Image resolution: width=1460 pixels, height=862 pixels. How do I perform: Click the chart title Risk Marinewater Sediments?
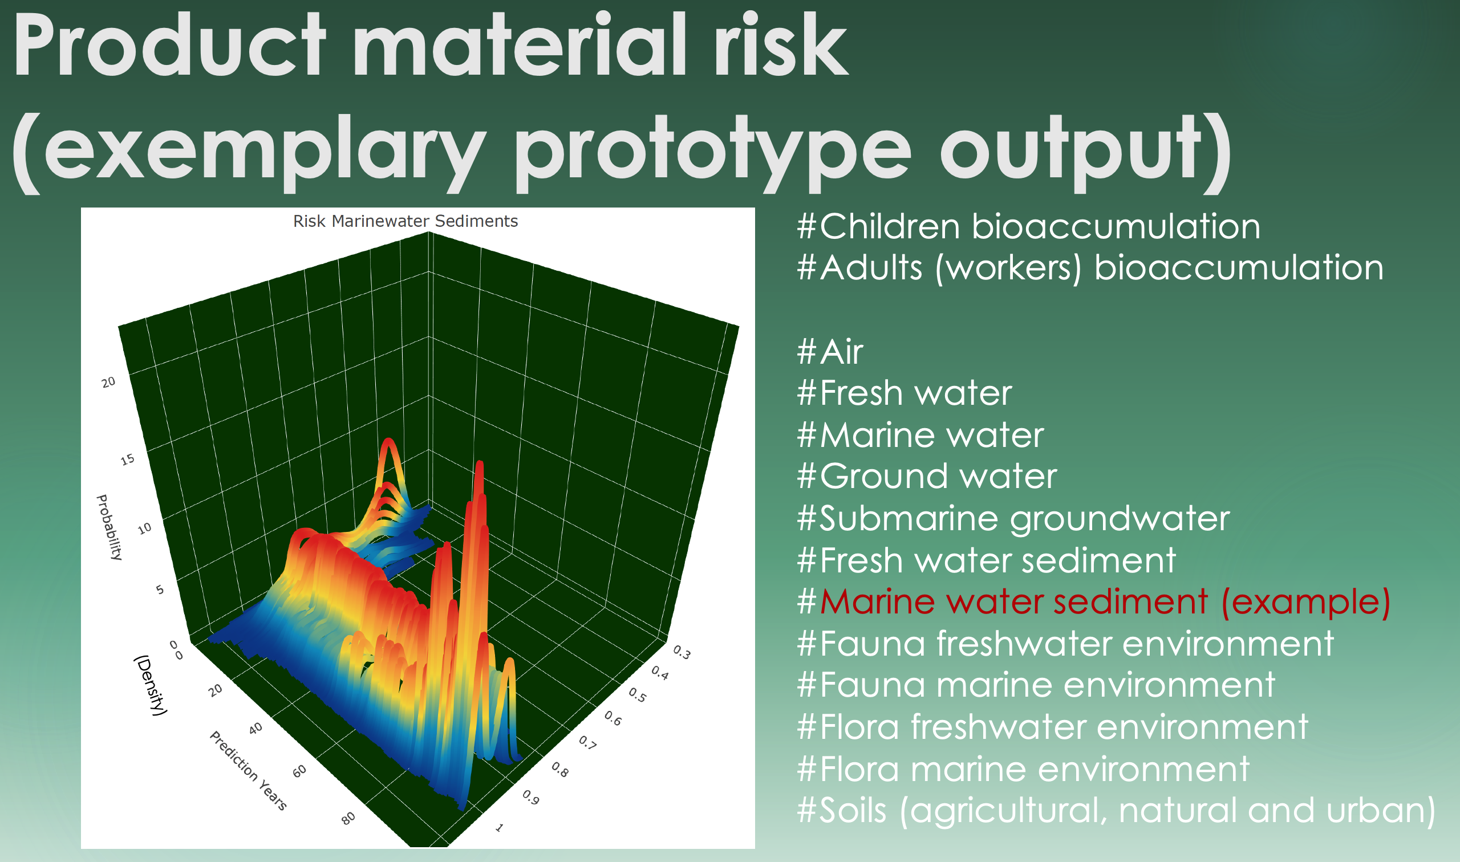tap(405, 221)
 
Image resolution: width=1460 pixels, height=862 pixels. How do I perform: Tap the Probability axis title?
tap(109, 527)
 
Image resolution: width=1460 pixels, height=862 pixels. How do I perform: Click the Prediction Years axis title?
tap(248, 770)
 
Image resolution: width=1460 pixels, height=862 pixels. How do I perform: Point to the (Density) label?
tap(151, 685)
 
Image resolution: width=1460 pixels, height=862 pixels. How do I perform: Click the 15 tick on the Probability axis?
tap(127, 460)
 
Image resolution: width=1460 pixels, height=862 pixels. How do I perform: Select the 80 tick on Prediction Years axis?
tap(348, 819)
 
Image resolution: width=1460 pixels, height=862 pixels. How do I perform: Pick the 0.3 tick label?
tap(682, 653)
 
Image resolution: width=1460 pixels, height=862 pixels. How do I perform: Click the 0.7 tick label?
tap(587, 742)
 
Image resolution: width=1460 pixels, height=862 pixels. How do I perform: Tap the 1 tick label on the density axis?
tap(499, 828)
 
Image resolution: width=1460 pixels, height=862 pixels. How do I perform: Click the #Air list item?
tap(830, 351)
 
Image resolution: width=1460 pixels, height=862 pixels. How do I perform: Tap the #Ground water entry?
tap(927, 475)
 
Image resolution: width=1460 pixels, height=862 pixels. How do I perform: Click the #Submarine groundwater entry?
tap(1013, 519)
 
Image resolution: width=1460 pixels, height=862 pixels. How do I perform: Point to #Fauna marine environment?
tap(1036, 684)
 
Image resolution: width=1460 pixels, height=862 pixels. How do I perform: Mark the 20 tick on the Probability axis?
tap(108, 382)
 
